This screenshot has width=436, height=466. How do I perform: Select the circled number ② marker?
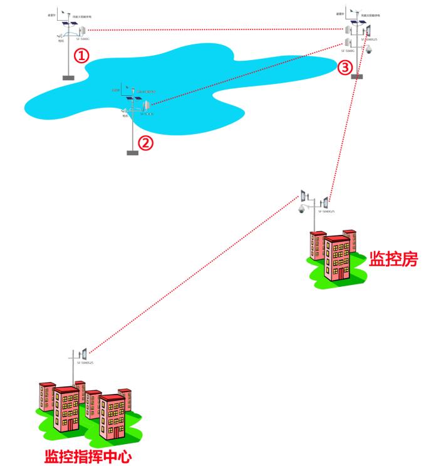[x=145, y=142]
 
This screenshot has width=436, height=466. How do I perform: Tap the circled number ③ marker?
[x=346, y=67]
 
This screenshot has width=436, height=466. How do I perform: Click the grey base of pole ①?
[x=68, y=78]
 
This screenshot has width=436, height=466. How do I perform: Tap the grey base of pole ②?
[x=132, y=153]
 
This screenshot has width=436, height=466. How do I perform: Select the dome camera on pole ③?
[x=369, y=49]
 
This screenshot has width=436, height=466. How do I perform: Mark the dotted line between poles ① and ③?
[x=213, y=29]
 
